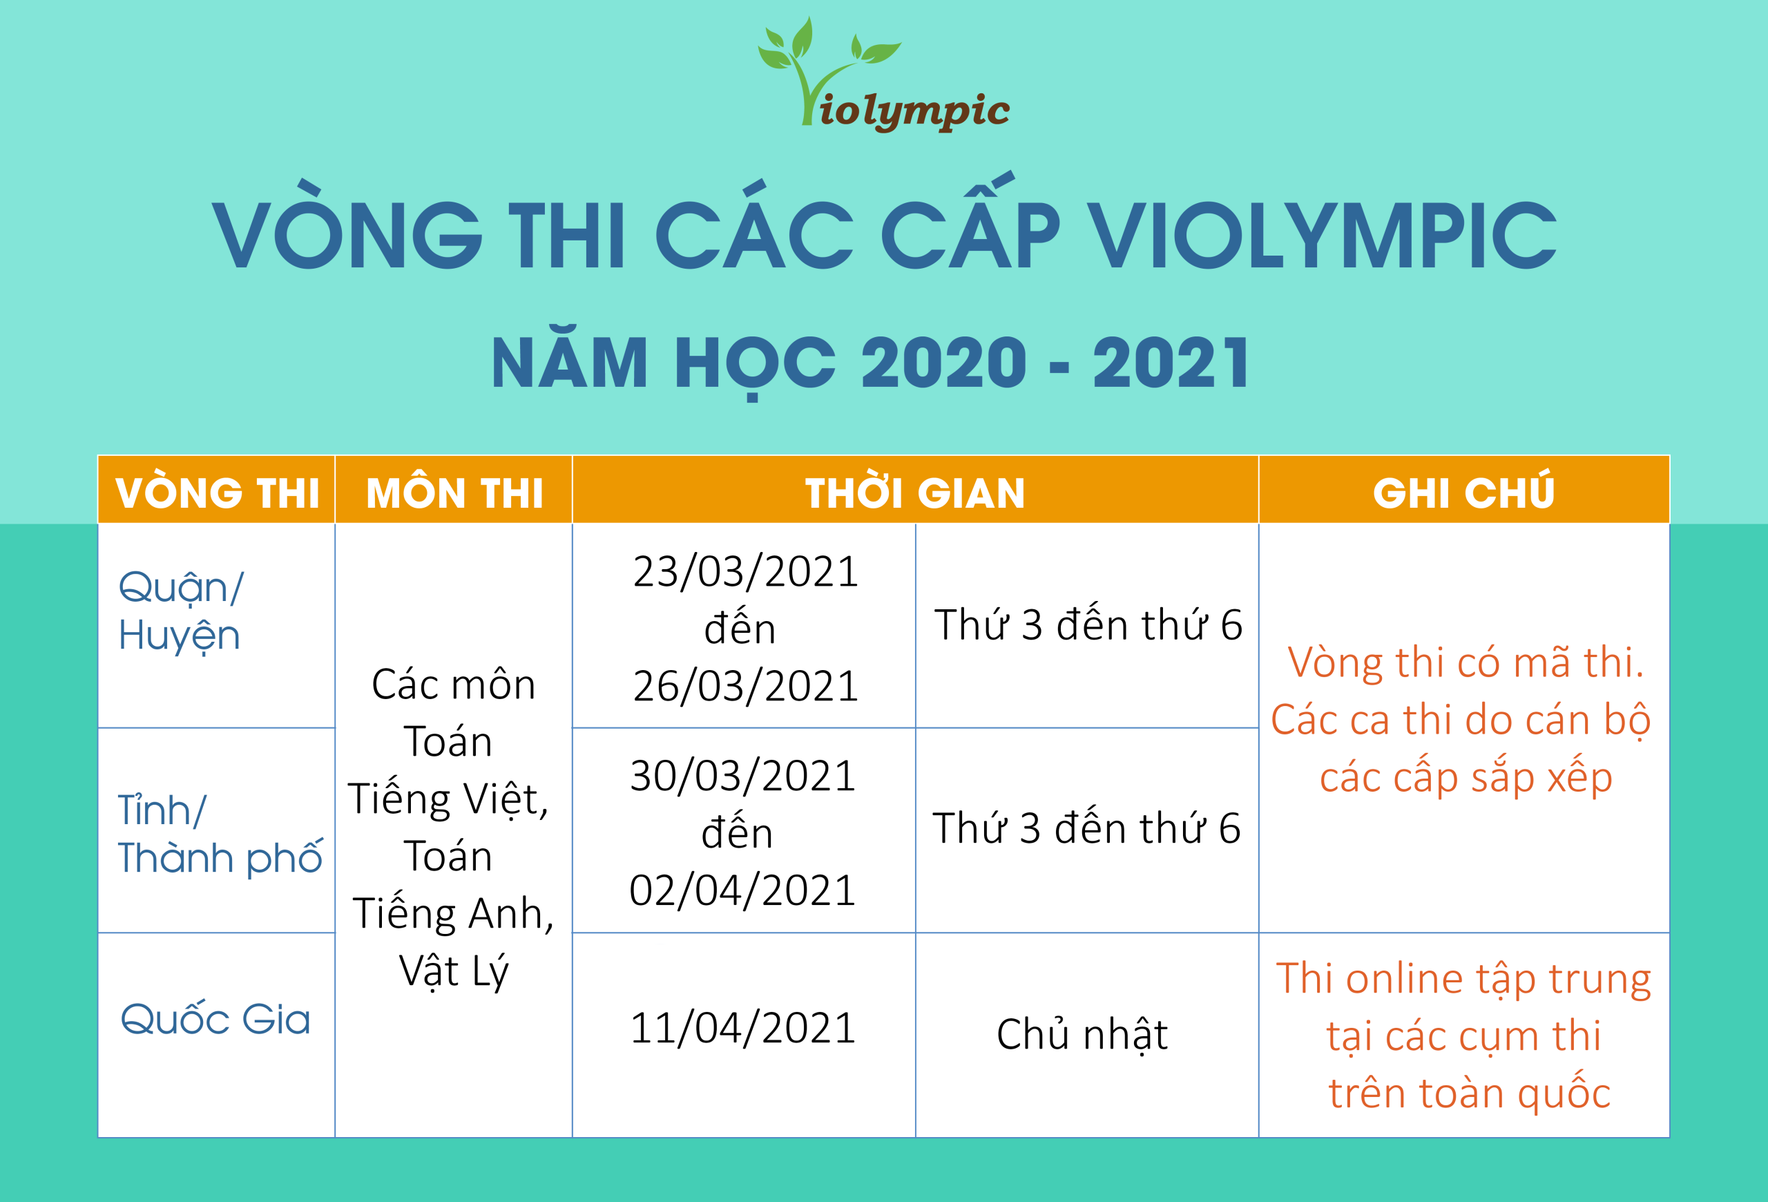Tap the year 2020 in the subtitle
pos(943,363)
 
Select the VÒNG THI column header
pos(217,493)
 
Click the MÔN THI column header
pos(454,493)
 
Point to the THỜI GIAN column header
pos(915,493)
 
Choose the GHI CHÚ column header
pos(1463,491)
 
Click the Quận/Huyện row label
pos(181,611)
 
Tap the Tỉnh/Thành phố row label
pos(220,834)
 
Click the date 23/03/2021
pos(746,571)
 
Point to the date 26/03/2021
pos(746,686)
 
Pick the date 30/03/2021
pos(743,776)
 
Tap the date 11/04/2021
pos(743,1029)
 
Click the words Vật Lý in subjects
pos(454,971)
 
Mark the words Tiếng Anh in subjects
pos(448,913)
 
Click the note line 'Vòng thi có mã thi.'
pos(1466,662)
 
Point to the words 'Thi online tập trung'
pos(1463,980)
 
